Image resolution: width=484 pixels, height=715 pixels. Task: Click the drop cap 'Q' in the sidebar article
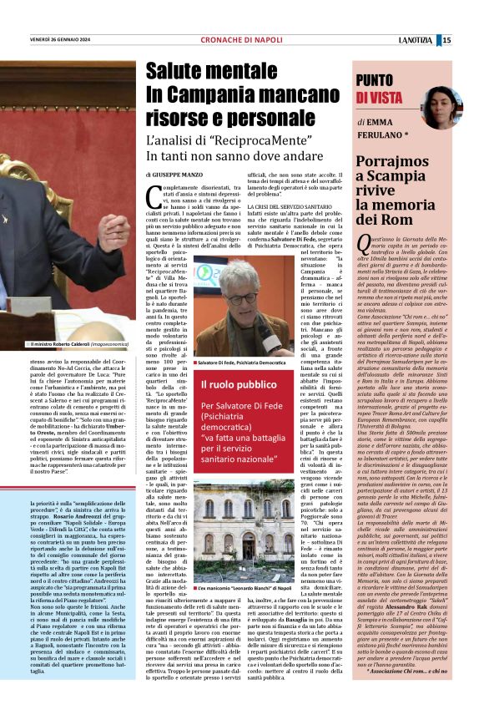click(x=364, y=241)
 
